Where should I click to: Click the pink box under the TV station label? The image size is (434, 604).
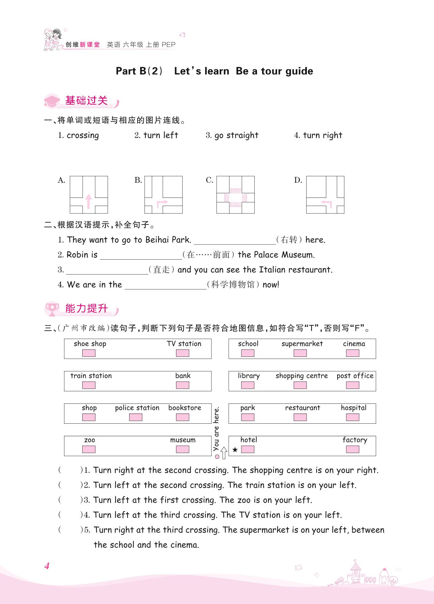(x=182, y=353)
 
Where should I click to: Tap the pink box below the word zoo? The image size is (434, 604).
(x=89, y=449)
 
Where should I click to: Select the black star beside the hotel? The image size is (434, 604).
(x=235, y=450)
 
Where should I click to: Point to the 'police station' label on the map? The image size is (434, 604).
(x=137, y=408)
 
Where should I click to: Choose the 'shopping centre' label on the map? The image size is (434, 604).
(x=301, y=376)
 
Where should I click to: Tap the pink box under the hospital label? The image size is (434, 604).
(x=352, y=417)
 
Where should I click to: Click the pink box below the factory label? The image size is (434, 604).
(x=352, y=449)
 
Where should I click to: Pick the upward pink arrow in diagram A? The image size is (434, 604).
(x=88, y=201)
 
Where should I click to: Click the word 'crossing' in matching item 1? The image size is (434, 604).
(x=83, y=135)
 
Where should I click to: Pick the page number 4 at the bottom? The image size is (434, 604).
(x=47, y=566)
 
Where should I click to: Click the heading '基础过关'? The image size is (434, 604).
(x=86, y=101)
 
